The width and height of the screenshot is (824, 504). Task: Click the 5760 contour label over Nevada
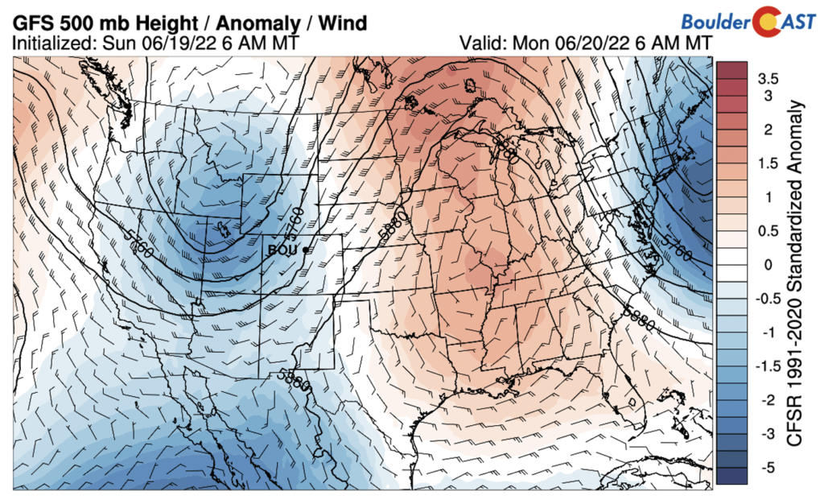[x=141, y=249]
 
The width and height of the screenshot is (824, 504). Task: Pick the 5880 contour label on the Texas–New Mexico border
[x=294, y=378]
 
